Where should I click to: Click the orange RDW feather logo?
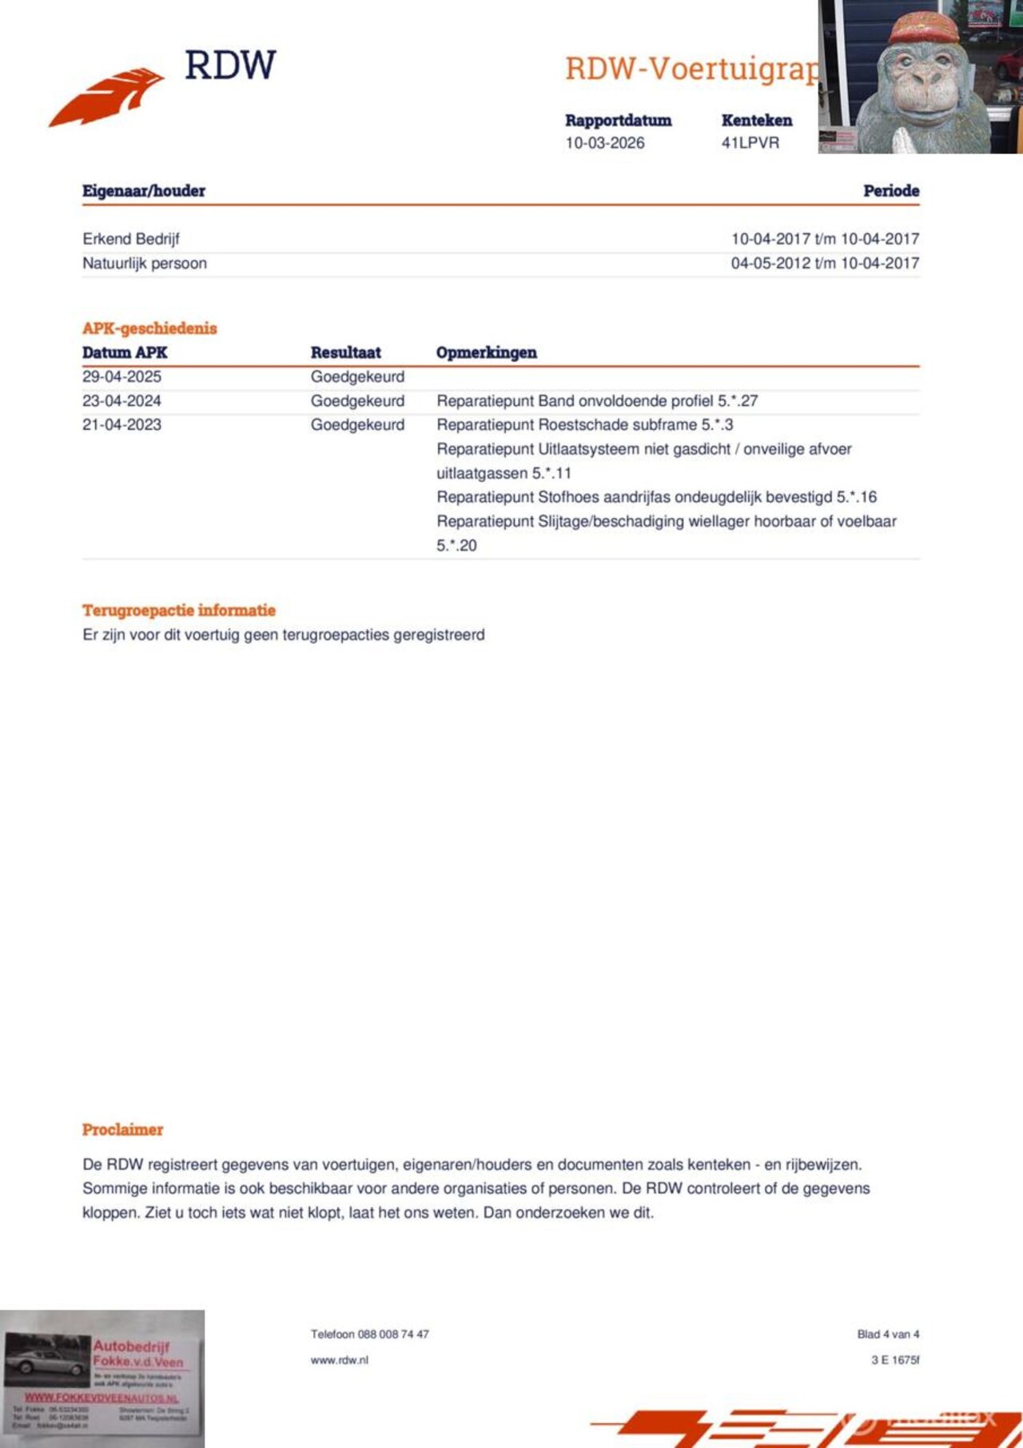click(107, 96)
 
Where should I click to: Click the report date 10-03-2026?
click(604, 143)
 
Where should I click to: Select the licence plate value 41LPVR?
click(750, 143)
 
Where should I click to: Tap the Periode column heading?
click(890, 191)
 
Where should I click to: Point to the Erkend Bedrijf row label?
click(131, 239)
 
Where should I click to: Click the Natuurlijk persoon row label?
click(145, 263)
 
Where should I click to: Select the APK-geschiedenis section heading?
click(149, 328)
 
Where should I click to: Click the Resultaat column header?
click(345, 352)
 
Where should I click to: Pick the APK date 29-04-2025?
click(121, 376)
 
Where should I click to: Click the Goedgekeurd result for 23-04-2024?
click(357, 400)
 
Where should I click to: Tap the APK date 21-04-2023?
click(121, 424)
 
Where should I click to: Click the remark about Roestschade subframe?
click(584, 424)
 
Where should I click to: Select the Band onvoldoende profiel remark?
click(597, 400)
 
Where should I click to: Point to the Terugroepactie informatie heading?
click(179, 611)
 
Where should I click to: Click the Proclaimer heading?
click(122, 1130)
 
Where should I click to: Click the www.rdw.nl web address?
click(340, 1359)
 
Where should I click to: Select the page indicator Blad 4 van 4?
click(888, 1334)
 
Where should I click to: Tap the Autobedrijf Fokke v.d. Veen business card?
click(102, 1379)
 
